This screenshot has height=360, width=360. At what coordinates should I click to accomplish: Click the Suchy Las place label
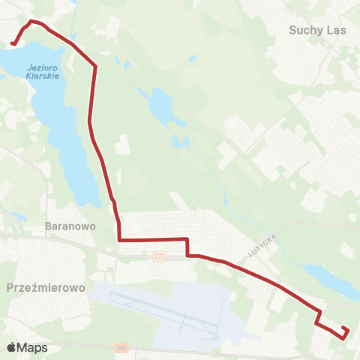pos(314,30)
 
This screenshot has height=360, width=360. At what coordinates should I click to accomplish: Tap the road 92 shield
pos(159,256)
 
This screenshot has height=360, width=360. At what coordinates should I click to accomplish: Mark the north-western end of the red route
pos(13,44)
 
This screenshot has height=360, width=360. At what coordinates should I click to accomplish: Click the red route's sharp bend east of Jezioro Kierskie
pos(96,67)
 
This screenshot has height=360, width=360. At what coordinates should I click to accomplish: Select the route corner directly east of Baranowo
pos(119,240)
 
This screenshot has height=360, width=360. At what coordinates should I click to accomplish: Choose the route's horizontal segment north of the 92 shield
pos(154,240)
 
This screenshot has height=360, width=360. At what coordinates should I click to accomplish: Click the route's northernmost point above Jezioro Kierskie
pos(31,21)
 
